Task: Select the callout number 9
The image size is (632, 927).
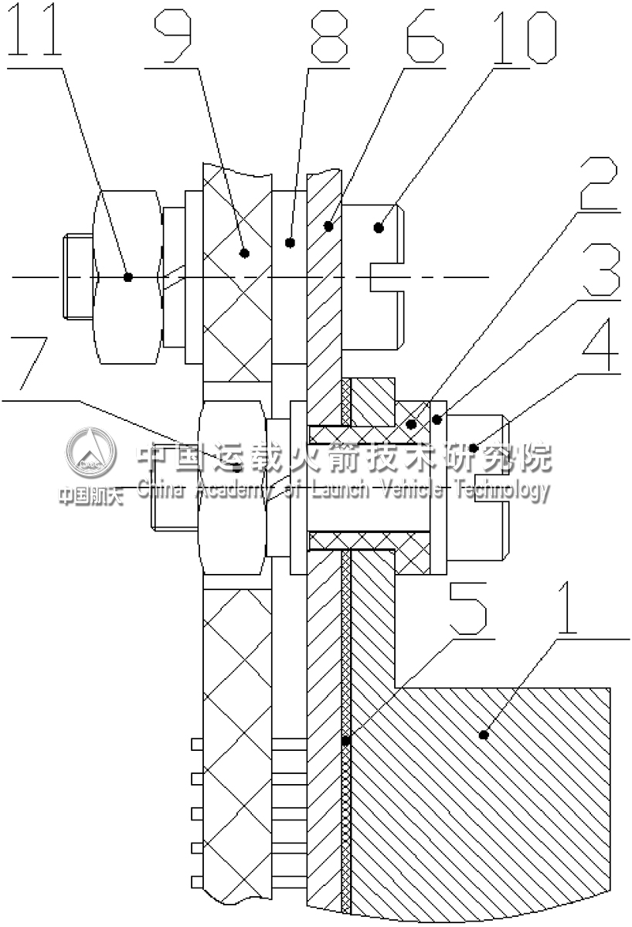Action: [172, 36]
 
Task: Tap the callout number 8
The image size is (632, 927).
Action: [329, 36]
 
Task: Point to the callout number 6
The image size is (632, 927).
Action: [425, 36]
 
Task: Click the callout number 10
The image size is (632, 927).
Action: [527, 37]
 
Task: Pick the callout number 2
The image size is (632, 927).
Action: [599, 183]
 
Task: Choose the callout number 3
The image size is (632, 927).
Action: [600, 270]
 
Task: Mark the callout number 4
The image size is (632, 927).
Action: [600, 345]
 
